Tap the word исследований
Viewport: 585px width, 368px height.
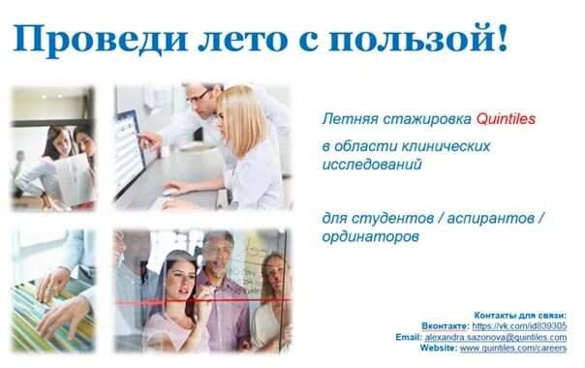click(x=372, y=165)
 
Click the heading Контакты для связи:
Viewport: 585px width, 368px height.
click(x=519, y=316)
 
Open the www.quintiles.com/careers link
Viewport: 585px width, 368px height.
click(x=512, y=347)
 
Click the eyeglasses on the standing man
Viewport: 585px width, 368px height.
click(x=200, y=96)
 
